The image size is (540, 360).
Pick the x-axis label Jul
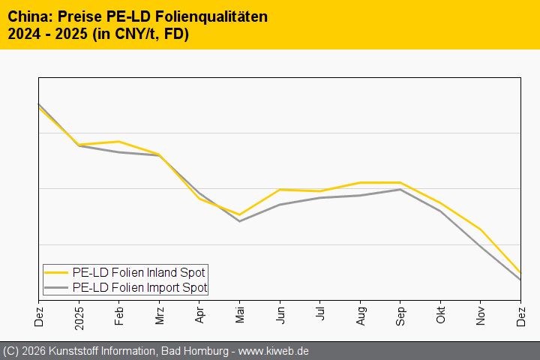pos(320,313)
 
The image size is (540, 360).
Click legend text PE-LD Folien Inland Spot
pos(139,272)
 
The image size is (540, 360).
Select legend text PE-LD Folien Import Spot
pos(139,287)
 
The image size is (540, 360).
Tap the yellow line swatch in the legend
pos(56,272)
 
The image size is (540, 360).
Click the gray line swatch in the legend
pos(56,287)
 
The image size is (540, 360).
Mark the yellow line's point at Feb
pos(119,142)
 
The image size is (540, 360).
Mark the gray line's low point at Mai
pos(239,221)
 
